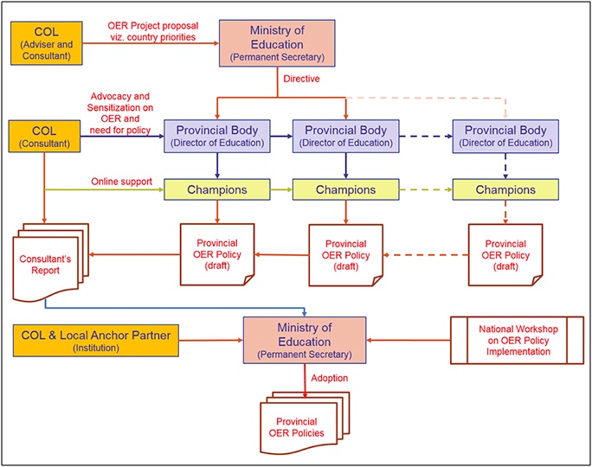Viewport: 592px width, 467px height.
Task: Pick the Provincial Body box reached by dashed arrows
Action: tap(505, 136)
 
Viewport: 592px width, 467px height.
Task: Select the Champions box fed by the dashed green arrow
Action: tap(505, 189)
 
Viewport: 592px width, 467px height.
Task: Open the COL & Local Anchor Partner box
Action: tap(96, 339)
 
